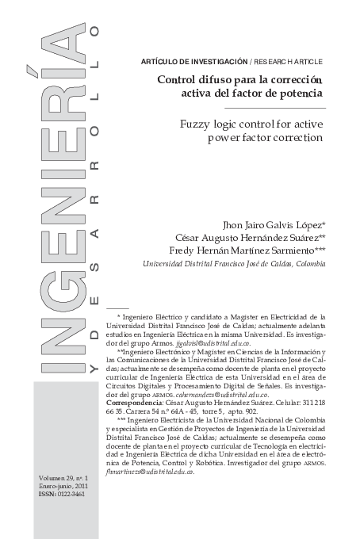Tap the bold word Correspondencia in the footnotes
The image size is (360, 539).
(134, 402)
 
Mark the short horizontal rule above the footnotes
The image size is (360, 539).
(117, 307)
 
